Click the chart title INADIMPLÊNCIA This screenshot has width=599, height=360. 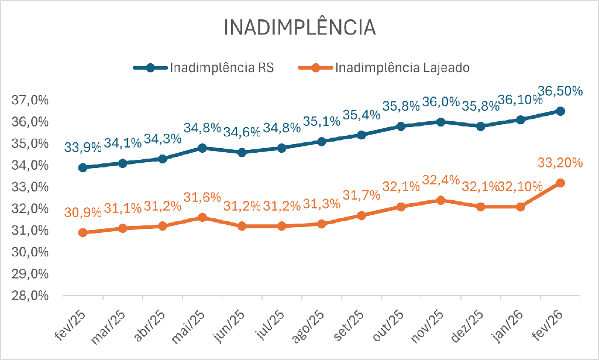coord(299,28)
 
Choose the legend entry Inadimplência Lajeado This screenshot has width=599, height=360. coord(402,67)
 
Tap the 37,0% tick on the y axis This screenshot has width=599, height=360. coord(29,100)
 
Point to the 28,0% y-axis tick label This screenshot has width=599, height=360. coord(29,296)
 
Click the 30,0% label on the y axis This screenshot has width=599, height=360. coord(29,252)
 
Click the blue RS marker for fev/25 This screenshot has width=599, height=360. coord(83,167)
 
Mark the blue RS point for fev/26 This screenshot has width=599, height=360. coord(560,111)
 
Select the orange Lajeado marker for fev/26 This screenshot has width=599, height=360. coord(560,183)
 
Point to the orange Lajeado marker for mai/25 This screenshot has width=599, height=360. coord(202,217)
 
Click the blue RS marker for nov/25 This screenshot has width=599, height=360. coord(441,122)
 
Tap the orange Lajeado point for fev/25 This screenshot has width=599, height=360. coord(83,232)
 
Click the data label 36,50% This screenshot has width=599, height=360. coord(560,91)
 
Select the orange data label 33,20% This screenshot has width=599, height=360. coord(560,163)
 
